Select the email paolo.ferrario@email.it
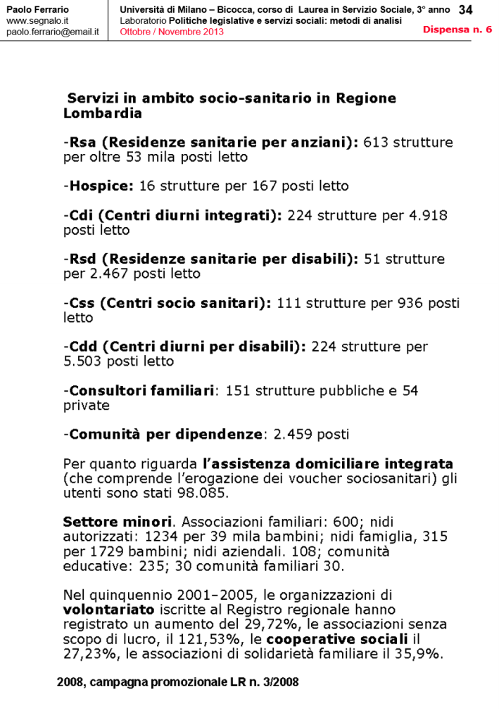tap(52, 32)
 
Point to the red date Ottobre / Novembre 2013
tap(172, 32)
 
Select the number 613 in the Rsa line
tap(376, 143)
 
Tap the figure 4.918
tap(424, 215)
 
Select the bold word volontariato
tap(106, 609)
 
